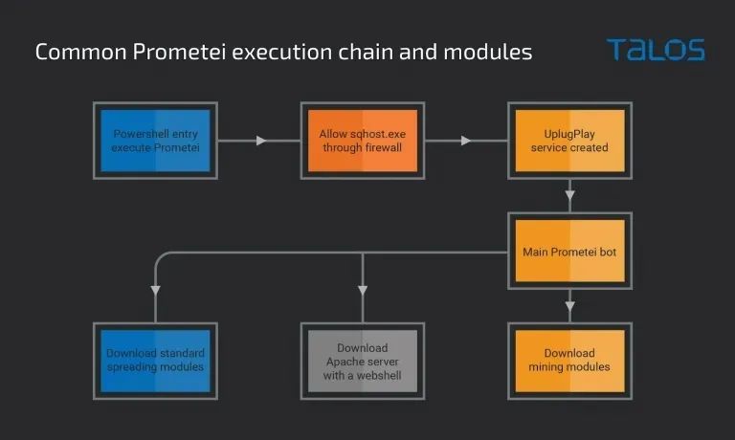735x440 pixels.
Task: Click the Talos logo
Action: pos(656,50)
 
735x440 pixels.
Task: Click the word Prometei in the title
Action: pos(179,52)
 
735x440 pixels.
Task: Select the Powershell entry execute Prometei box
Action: pos(155,141)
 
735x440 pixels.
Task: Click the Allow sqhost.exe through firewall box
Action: pos(363,141)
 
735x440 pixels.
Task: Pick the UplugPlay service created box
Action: pos(569,141)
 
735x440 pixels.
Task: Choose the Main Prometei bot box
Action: pos(569,252)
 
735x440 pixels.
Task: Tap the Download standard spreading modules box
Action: pos(155,361)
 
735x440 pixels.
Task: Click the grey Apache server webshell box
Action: pos(363,361)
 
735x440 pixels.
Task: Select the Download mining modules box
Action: pos(569,361)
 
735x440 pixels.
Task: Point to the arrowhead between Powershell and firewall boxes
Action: pos(261,141)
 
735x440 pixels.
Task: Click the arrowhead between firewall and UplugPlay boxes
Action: pos(465,141)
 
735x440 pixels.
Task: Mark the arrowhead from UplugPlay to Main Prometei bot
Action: pos(570,195)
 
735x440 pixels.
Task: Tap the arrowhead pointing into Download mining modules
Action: pos(570,306)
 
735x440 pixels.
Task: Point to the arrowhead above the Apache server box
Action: pos(363,291)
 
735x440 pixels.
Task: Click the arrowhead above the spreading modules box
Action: pos(156,291)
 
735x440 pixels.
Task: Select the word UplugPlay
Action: pos(569,134)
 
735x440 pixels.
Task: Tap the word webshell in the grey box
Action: pos(379,375)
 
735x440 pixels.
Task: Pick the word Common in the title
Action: pos(80,52)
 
